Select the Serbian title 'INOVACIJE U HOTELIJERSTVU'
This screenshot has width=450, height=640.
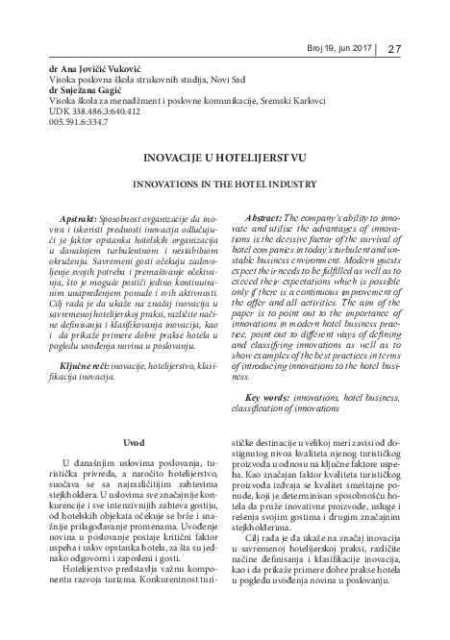coord(224,177)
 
